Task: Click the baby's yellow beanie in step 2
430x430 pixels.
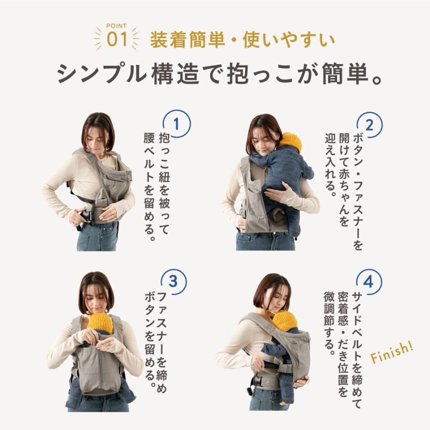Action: (290, 142)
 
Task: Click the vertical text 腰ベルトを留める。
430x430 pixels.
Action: (150, 186)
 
